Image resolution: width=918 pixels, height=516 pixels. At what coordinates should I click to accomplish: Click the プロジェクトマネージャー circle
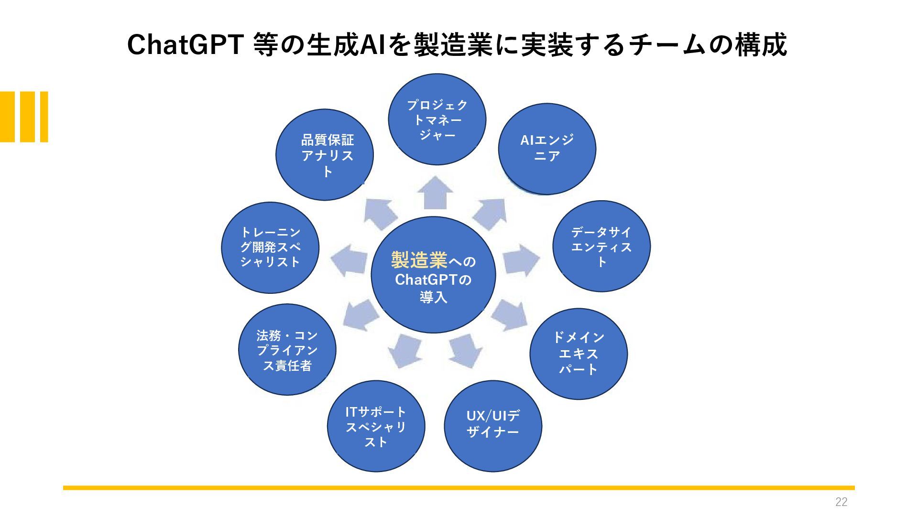(437, 119)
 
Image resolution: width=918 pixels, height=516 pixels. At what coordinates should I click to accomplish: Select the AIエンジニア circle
(547, 149)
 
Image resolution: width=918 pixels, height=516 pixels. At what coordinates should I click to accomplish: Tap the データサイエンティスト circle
(601, 246)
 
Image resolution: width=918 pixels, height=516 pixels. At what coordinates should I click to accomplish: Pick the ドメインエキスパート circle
(579, 354)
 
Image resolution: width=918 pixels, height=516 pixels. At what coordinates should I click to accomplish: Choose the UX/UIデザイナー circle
(493, 426)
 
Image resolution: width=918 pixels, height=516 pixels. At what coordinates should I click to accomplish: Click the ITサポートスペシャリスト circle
(376, 426)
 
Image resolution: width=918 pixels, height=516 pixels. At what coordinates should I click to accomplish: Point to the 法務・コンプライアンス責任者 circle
(287, 350)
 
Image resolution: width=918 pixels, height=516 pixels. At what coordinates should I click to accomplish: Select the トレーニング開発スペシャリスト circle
(270, 247)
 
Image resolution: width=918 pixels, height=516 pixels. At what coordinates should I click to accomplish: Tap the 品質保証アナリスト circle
(325, 155)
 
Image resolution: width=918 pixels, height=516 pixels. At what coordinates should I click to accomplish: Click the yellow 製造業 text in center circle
(419, 260)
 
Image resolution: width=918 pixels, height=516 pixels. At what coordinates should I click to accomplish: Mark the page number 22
(841, 502)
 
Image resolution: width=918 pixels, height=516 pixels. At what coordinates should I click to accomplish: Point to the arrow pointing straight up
(435, 193)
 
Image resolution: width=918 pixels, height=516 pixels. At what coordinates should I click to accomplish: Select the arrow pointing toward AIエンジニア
(490, 214)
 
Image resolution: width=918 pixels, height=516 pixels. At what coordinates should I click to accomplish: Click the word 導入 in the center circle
(434, 297)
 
